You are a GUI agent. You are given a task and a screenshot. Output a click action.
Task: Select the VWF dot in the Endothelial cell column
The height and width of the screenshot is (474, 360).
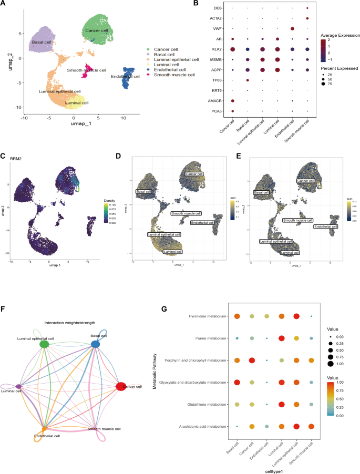click(292, 28)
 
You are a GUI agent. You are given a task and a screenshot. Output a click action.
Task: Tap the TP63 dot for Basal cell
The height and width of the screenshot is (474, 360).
click(247, 80)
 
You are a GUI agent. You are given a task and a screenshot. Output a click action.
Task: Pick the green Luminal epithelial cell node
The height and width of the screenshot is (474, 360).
click(45, 344)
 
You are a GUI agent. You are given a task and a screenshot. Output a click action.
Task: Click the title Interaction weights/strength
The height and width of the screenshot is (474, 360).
click(69, 322)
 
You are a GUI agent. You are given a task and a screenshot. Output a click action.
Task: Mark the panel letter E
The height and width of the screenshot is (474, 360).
click(240, 156)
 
